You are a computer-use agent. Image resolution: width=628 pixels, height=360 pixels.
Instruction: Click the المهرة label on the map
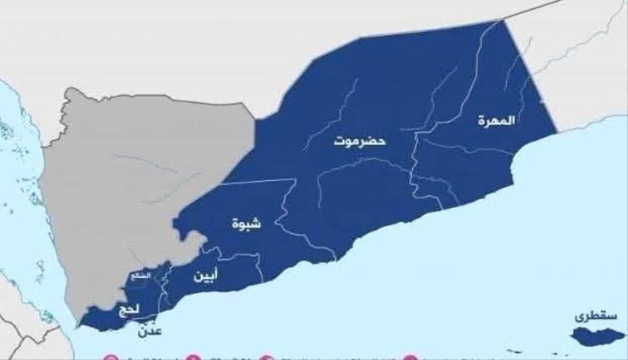[497, 120]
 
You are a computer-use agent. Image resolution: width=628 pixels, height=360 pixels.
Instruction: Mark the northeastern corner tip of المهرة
[505, 18]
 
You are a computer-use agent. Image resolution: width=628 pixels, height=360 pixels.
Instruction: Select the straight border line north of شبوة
[251, 180]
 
